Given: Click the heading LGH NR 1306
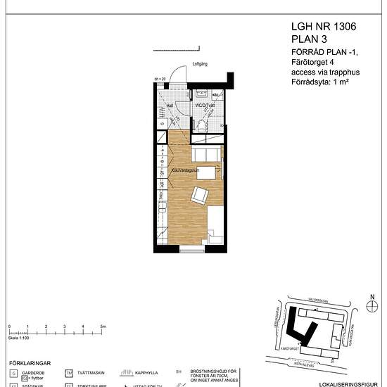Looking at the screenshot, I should [x=323, y=26].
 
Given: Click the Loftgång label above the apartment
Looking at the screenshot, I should [x=201, y=65].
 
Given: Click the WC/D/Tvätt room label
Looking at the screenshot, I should [x=205, y=106].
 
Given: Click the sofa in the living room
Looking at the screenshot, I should [x=208, y=156].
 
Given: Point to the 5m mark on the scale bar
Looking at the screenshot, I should [x=103, y=328].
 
